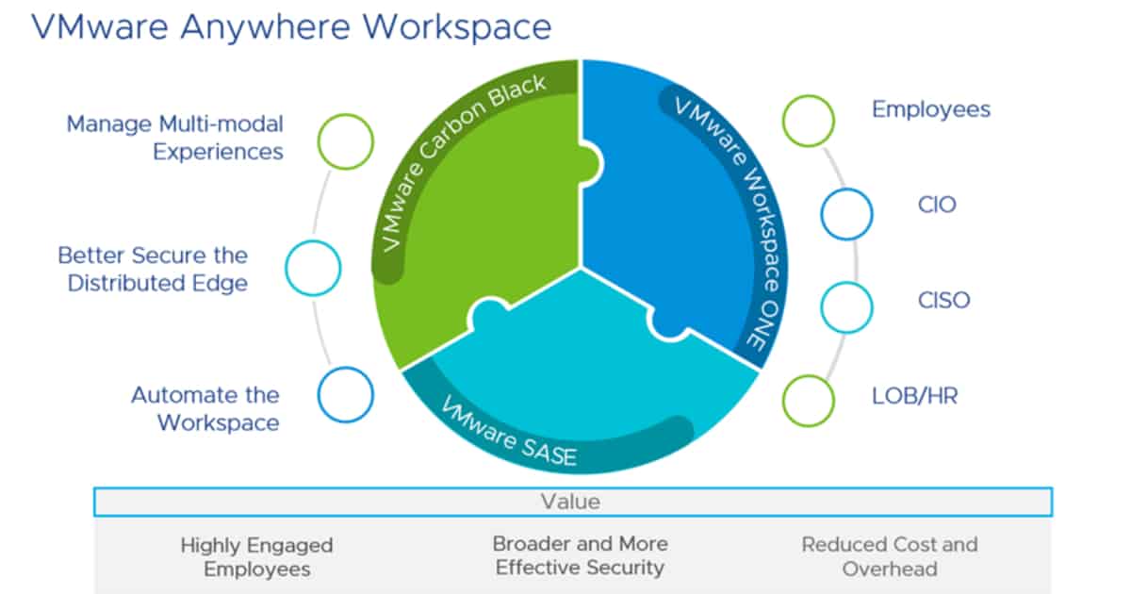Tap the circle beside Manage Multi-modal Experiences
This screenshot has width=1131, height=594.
(346, 140)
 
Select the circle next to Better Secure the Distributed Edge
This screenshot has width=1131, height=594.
(312, 268)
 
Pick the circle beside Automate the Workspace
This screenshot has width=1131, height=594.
(346, 393)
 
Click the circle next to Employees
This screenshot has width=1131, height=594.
(809, 121)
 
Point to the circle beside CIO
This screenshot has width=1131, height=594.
(846, 214)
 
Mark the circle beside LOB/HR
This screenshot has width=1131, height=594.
(809, 399)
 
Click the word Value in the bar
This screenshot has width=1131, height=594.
(570, 501)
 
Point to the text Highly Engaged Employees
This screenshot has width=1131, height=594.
(256, 556)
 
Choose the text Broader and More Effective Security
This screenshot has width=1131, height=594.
(580, 555)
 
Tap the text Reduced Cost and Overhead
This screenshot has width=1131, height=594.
(889, 556)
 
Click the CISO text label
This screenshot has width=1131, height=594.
(943, 302)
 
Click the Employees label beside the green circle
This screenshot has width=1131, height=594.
(930, 109)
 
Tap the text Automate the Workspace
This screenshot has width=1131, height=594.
(205, 408)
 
